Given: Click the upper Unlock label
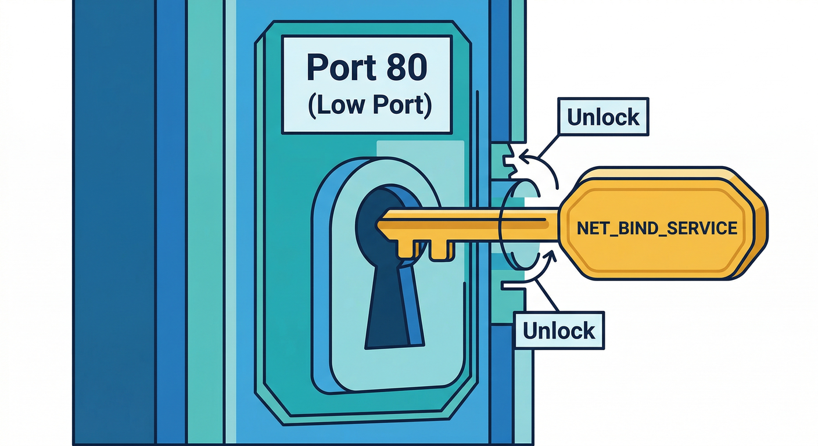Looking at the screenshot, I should click(603, 117).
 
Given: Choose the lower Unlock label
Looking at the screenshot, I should click(559, 330).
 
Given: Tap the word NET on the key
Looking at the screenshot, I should click(590, 228).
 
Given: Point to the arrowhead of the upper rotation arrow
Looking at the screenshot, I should click(523, 156).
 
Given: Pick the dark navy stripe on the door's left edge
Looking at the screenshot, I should click(114, 223).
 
